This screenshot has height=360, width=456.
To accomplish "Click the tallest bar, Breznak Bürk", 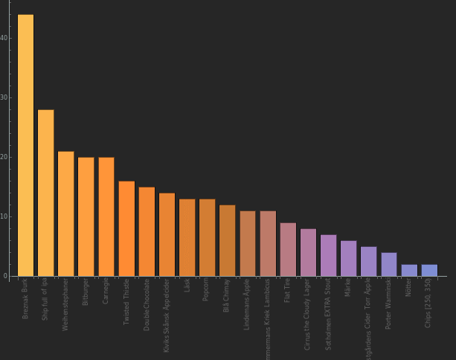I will coord(25,145).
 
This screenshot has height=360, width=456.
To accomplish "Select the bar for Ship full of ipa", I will coord(45,193).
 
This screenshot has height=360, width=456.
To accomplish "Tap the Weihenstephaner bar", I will coord(65,214).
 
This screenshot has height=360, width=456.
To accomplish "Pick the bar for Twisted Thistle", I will coord(126,229).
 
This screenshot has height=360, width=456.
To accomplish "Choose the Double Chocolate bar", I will coord(147,232).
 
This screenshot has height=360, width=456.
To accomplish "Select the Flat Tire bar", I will coord(288,250).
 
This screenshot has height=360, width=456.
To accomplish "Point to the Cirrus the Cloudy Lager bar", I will coord(308,253).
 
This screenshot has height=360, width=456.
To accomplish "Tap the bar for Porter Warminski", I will coord(389,265).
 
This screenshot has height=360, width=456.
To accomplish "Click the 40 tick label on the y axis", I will coord(4,38).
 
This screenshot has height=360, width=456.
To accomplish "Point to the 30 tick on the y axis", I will coord(4,97).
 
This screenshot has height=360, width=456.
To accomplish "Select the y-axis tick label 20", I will coord(4,157).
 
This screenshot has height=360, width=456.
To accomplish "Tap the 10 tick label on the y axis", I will coord(4,216).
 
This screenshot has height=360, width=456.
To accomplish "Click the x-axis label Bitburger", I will coord(86,293).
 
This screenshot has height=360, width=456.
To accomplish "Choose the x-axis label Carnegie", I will coord(106,292).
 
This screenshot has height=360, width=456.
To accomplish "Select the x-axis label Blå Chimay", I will coord(227,295).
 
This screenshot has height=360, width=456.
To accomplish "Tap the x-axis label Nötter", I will coord(409,289).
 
